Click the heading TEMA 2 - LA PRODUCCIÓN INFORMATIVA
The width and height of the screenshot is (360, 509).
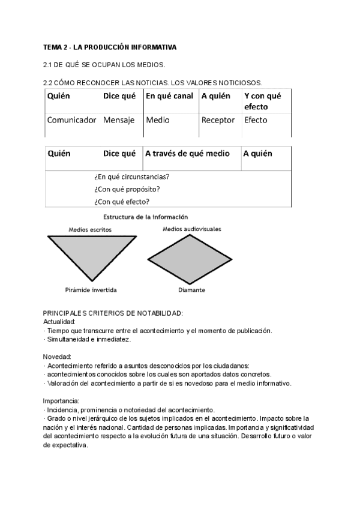(x=109, y=46)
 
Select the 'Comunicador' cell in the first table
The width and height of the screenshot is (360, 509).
(x=71, y=120)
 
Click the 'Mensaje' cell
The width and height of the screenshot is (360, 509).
(x=119, y=120)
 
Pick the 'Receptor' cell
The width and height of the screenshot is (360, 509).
(x=218, y=120)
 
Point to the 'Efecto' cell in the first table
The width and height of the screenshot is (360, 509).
(x=256, y=120)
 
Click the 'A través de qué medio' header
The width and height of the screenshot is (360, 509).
(x=187, y=154)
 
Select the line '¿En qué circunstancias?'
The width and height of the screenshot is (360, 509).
(x=131, y=177)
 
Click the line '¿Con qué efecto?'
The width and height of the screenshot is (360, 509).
(x=122, y=202)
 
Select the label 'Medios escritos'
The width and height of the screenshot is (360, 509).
(x=90, y=229)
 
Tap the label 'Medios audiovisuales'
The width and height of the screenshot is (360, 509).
(x=192, y=229)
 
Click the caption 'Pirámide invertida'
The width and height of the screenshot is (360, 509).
(x=91, y=290)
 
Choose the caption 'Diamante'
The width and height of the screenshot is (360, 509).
(x=192, y=290)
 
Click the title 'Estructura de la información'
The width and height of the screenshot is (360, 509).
(x=146, y=217)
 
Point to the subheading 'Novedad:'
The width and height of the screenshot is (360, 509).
(x=57, y=357)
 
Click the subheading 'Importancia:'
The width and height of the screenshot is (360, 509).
(x=61, y=400)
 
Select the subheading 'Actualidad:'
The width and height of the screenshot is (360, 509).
(x=59, y=322)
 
